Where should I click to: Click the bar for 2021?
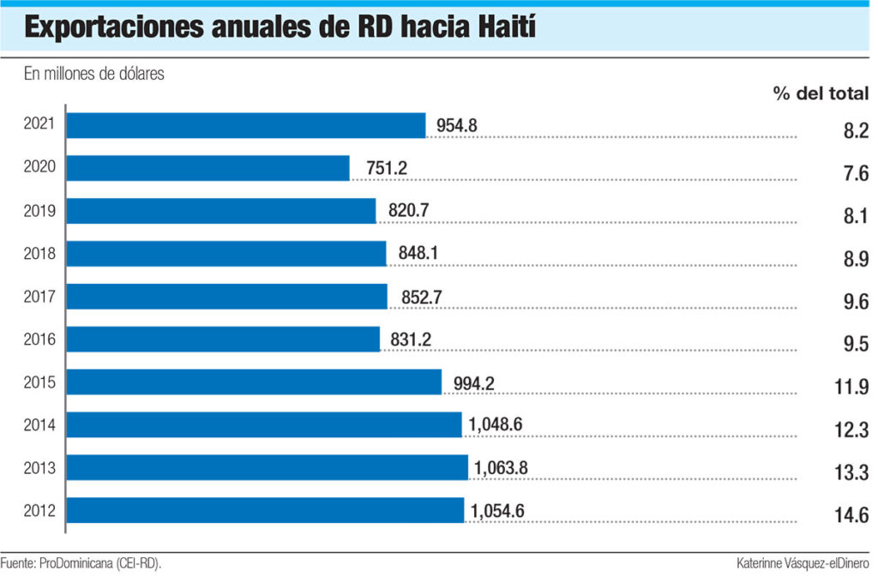246,125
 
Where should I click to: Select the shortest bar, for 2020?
207,168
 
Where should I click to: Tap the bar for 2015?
254,382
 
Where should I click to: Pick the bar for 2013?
267,468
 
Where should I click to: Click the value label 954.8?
456,126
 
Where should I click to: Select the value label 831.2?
411,340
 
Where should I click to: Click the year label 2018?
40,254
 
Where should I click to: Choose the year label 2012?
40,511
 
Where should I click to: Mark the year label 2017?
40,297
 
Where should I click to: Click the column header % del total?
821,94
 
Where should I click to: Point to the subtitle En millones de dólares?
93,75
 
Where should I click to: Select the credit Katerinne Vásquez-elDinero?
803,563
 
